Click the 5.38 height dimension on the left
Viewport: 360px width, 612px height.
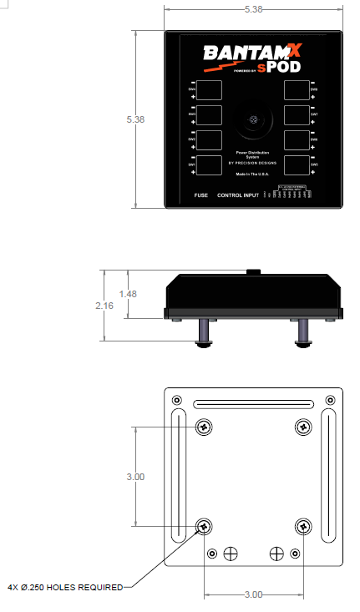(135, 119)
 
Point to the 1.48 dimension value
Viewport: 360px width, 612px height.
(128, 294)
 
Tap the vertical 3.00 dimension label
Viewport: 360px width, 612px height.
(135, 477)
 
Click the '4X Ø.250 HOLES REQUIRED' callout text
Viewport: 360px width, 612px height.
(65, 586)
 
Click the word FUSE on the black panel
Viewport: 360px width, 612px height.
(200, 195)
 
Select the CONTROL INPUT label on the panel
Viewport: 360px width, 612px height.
(237, 195)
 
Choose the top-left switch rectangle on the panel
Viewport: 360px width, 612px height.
(210, 89)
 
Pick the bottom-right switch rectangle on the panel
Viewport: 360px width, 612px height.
(297, 164)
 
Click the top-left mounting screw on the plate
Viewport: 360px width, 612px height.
(204, 427)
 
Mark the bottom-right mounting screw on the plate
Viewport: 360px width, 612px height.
(304, 527)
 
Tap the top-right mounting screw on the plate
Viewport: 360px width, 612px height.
(304, 427)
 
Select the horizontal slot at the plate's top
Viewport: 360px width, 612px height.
(254, 406)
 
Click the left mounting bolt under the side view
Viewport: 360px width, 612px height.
(204, 334)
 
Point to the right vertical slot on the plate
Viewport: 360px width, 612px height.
(331, 476)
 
